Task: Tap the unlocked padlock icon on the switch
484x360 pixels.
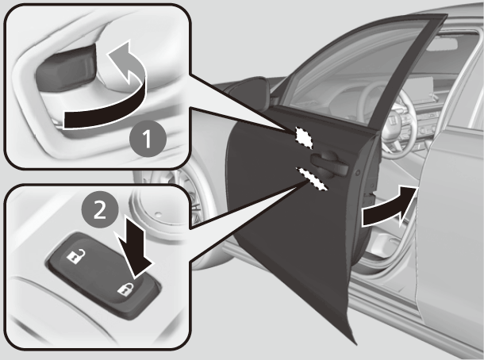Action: pos(75,255)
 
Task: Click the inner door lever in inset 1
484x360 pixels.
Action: pos(67,68)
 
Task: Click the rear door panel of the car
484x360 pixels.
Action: pos(452,238)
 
